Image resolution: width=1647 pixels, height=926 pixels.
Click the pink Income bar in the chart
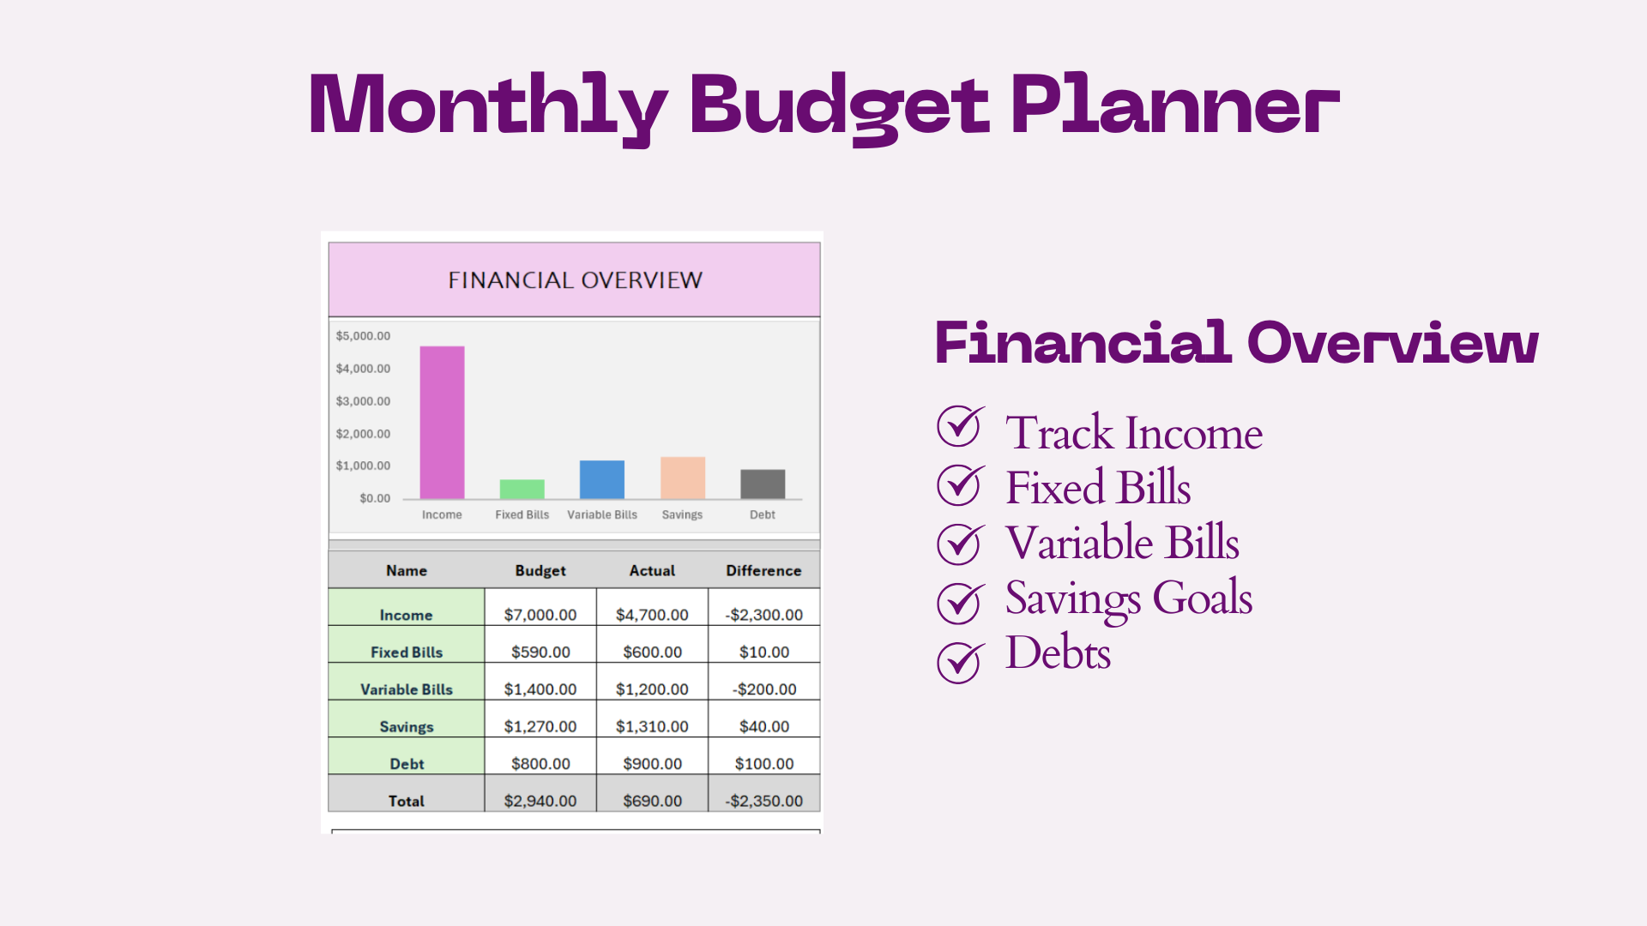click(x=442, y=422)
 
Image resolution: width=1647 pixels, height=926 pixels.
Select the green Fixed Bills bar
click(x=522, y=489)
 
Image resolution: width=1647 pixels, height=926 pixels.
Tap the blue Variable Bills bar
click(x=601, y=479)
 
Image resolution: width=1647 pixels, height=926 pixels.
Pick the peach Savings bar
click(x=682, y=478)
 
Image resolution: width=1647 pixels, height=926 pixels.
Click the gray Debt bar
click(x=763, y=484)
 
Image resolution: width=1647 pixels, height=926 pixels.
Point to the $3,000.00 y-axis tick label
click(x=363, y=401)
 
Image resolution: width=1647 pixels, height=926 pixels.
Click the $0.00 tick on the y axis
click(x=375, y=498)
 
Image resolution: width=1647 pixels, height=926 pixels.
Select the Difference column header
click(x=763, y=570)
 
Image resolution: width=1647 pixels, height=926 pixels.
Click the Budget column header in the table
click(x=540, y=570)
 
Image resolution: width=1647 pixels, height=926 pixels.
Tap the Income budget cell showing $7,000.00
click(x=540, y=614)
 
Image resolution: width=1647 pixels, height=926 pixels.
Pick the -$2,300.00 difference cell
click(x=763, y=614)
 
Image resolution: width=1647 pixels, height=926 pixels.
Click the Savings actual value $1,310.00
click(x=652, y=726)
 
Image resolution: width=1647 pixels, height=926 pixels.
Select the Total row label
click(x=407, y=801)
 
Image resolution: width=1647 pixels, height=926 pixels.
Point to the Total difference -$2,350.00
click(x=763, y=801)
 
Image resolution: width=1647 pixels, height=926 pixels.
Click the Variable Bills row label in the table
click(x=407, y=689)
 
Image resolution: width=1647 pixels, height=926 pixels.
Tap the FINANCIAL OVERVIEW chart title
click(x=575, y=280)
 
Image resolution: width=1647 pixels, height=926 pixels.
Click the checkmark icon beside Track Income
click(x=959, y=427)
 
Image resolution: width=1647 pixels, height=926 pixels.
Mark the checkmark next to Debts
click(x=959, y=663)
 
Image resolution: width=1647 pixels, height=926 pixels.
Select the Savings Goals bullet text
click(x=1129, y=598)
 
